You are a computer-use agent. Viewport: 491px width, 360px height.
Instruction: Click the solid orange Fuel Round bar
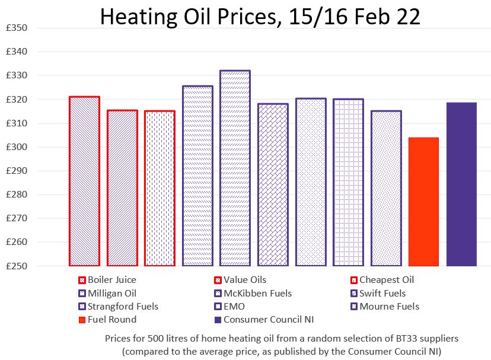[423, 202]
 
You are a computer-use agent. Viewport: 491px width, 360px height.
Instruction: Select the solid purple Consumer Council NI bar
[461, 184]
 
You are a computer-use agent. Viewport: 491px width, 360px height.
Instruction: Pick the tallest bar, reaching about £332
[235, 168]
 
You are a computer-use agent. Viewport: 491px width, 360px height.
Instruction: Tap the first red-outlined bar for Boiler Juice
[84, 181]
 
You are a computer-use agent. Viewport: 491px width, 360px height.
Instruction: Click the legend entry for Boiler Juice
[111, 280]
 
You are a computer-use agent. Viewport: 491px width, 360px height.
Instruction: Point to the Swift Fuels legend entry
[382, 293]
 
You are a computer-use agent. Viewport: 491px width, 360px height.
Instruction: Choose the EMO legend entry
[234, 307]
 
